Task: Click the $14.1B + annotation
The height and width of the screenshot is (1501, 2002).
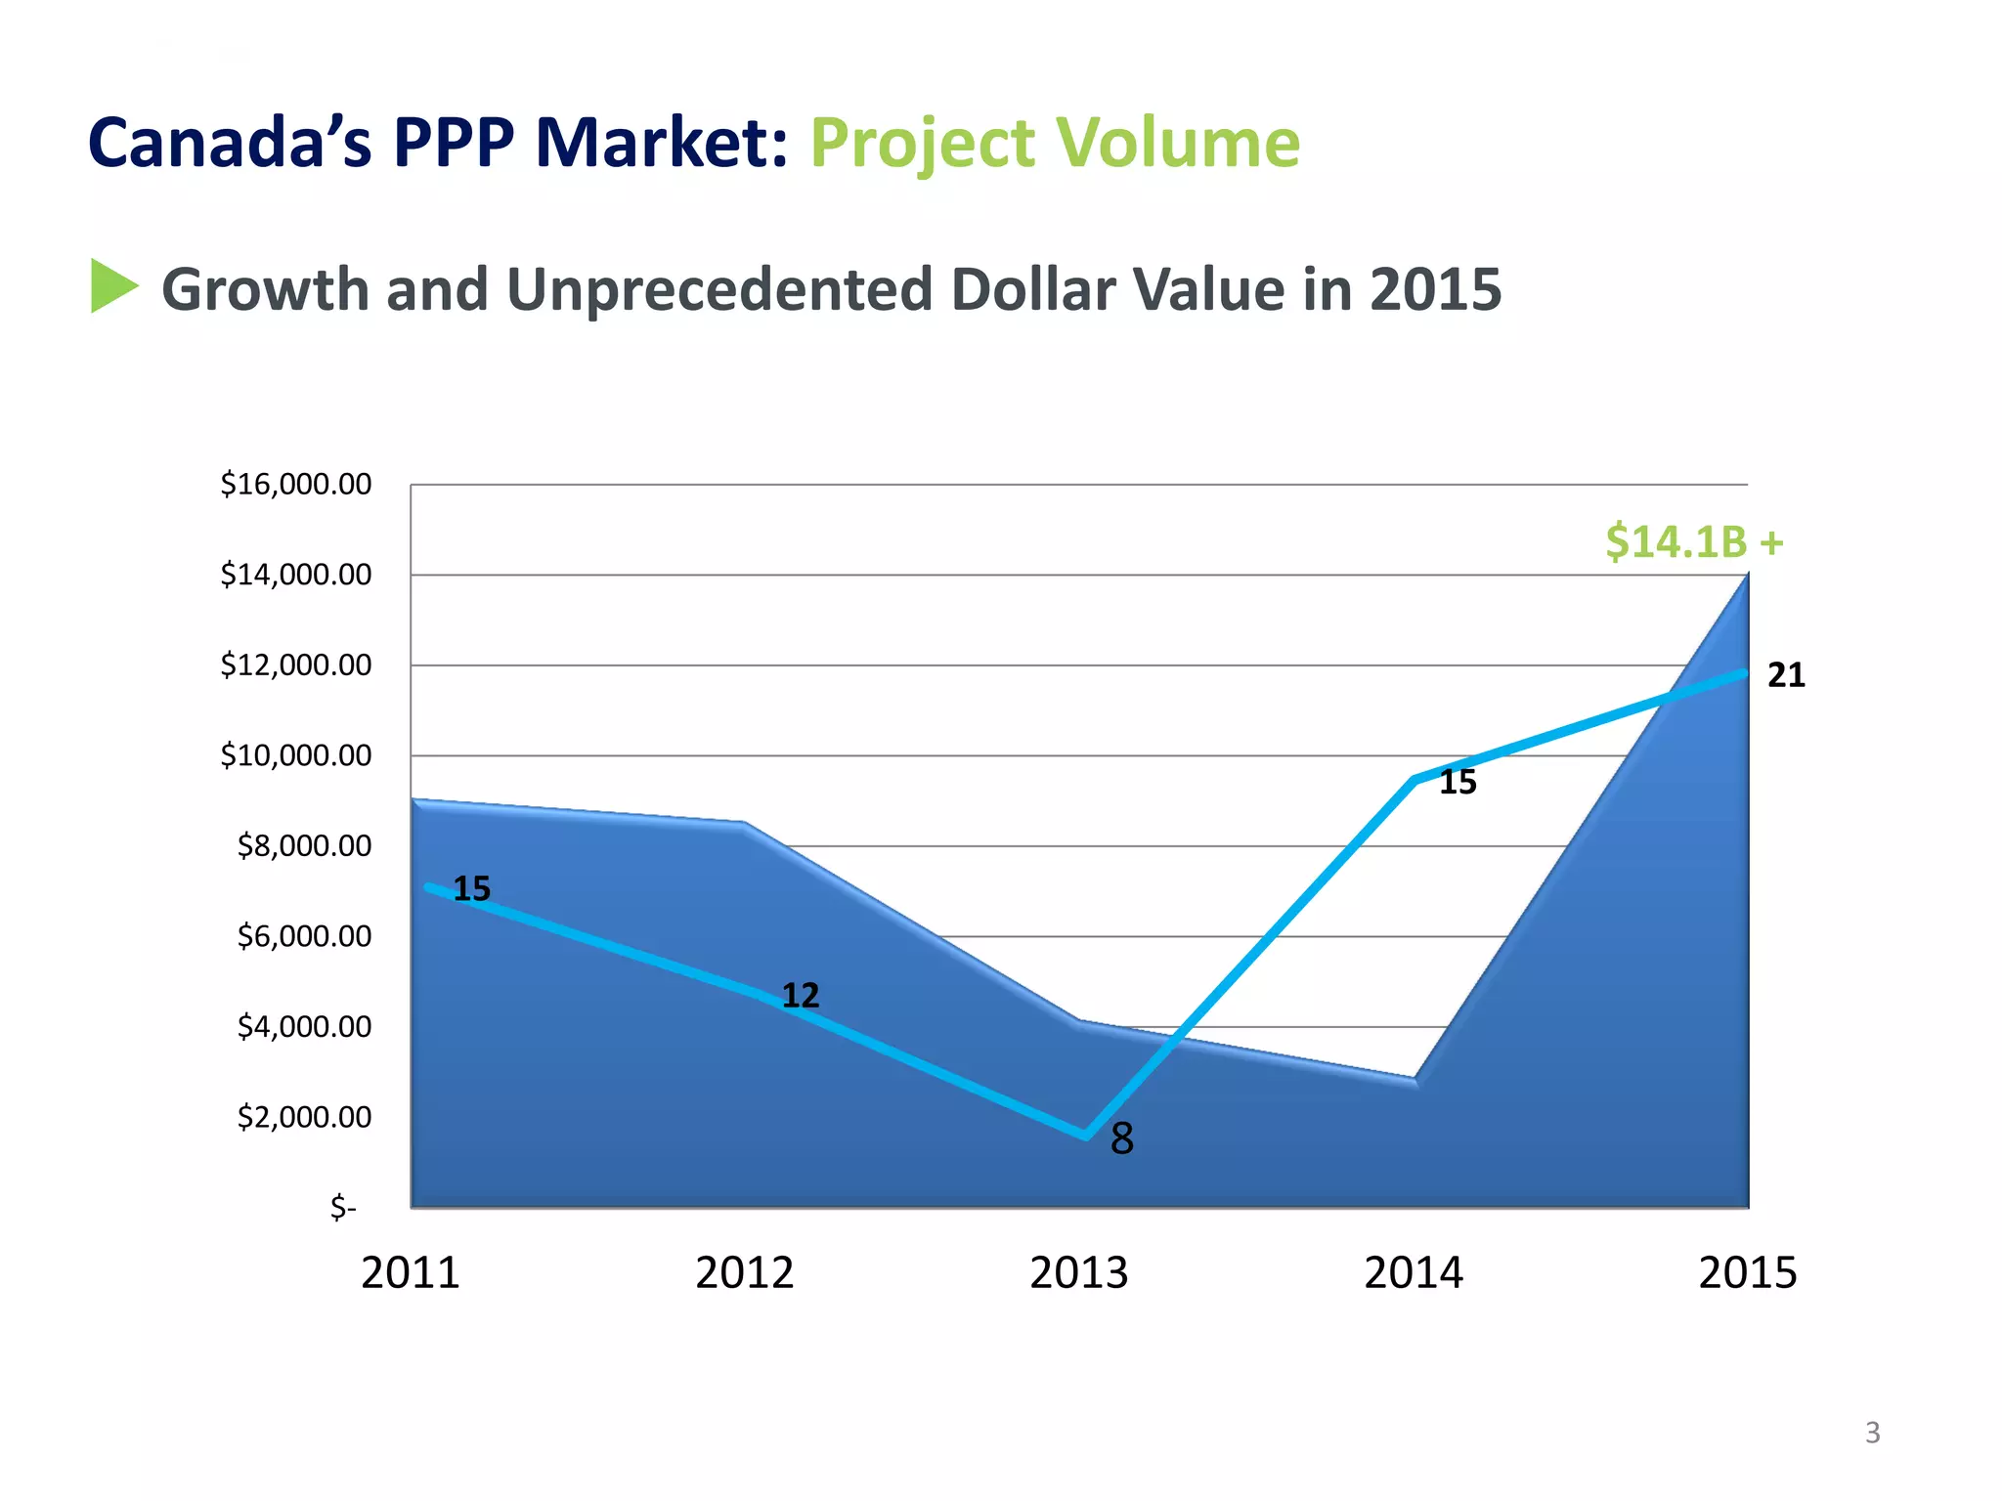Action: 1694,541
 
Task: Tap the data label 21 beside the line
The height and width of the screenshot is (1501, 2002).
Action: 1786,675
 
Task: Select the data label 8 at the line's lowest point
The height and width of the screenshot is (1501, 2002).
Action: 1121,1138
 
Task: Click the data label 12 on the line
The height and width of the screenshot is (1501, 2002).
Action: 800,996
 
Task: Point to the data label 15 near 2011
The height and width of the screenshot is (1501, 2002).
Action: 471,888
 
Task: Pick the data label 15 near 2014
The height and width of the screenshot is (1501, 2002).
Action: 1458,783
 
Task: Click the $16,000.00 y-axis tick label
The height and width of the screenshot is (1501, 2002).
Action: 295,484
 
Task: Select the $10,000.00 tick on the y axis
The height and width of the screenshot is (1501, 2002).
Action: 295,755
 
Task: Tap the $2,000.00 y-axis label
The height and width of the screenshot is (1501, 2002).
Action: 304,1117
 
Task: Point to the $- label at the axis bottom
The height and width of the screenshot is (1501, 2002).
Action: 343,1208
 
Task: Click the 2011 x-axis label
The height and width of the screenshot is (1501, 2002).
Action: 410,1273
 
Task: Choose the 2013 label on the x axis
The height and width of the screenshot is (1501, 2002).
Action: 1078,1273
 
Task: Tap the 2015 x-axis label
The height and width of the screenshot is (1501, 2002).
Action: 1747,1273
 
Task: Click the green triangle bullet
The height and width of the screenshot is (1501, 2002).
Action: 113,286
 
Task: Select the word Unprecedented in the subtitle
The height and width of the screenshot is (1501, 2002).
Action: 718,290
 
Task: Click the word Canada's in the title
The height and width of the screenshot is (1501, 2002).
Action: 230,143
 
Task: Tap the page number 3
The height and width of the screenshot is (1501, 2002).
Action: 1872,1433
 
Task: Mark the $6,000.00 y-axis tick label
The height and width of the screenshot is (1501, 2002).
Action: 304,936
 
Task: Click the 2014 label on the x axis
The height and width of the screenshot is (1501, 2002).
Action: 1413,1273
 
